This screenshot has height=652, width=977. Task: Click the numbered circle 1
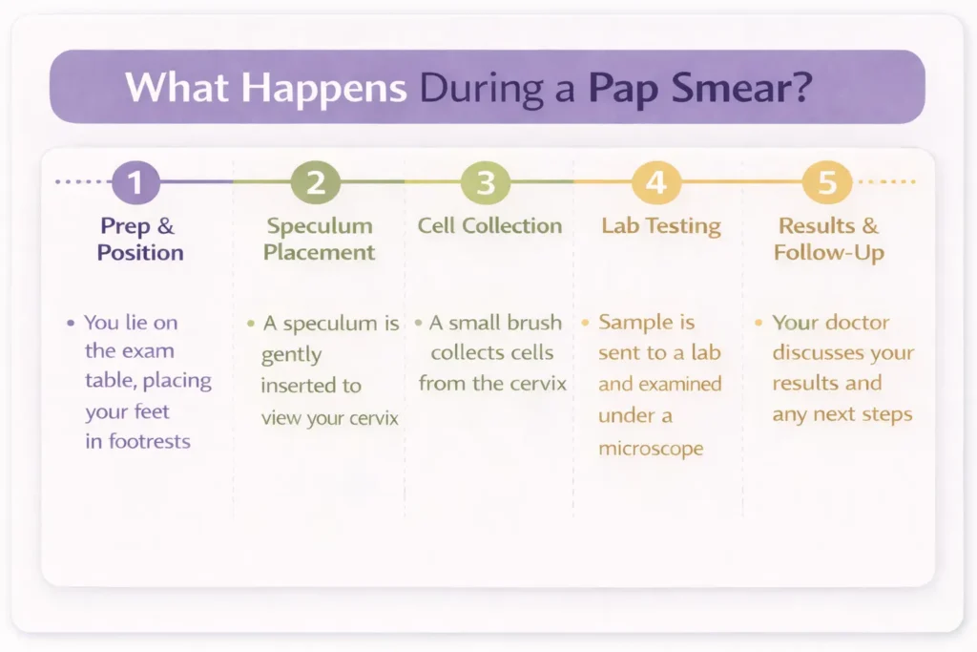click(135, 181)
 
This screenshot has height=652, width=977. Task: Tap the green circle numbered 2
click(315, 181)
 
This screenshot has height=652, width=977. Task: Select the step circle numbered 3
click(485, 181)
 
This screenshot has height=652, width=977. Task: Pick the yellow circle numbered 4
click(655, 181)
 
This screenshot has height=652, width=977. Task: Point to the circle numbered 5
click(826, 181)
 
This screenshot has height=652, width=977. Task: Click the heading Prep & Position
click(140, 240)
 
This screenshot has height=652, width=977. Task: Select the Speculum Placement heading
click(319, 240)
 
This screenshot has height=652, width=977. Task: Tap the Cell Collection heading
click(489, 226)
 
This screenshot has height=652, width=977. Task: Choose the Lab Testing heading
click(660, 226)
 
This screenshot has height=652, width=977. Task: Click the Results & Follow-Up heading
click(828, 240)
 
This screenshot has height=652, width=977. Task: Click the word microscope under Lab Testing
click(650, 447)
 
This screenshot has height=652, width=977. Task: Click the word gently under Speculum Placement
click(291, 355)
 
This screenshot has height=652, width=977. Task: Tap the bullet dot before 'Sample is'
click(585, 324)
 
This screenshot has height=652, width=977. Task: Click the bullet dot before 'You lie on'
click(71, 324)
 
